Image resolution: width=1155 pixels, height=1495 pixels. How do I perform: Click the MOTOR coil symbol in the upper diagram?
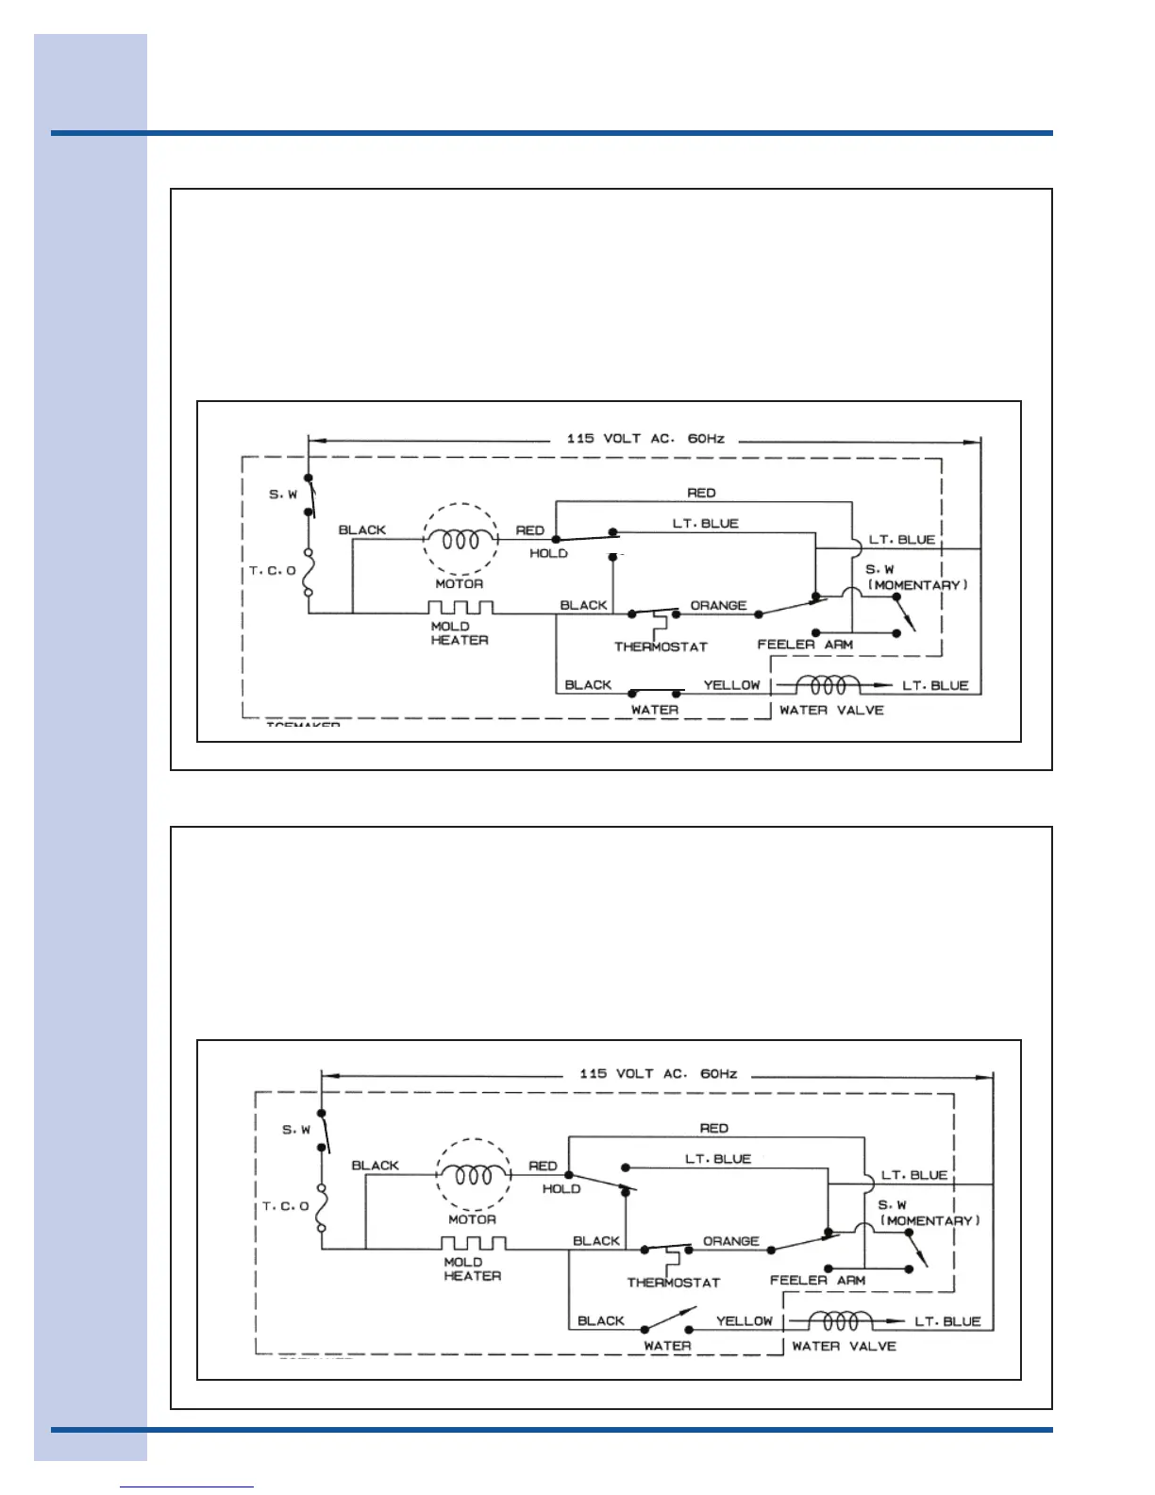click(460, 540)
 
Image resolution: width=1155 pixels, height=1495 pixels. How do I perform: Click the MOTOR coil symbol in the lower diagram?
click(473, 1175)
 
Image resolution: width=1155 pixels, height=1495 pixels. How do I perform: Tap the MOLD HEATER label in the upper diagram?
click(460, 633)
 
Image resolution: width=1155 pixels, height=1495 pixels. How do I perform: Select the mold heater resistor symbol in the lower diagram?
click(474, 1243)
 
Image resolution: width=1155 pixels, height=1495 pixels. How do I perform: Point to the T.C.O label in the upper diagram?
click(272, 571)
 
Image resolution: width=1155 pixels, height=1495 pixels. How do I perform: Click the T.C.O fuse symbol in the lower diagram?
click(322, 1207)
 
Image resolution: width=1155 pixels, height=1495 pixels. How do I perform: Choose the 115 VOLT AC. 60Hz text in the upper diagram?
click(645, 439)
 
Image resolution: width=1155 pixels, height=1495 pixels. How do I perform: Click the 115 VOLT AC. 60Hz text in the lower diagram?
click(659, 1074)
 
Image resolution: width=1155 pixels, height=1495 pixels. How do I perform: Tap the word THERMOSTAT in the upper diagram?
click(661, 647)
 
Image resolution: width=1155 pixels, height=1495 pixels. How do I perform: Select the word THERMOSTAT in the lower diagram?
click(674, 1284)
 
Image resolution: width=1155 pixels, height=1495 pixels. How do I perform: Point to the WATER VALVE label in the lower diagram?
click(844, 1347)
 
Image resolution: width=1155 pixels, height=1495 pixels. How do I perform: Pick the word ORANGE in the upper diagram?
click(718, 606)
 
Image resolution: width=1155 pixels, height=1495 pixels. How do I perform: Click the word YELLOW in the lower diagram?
click(745, 1321)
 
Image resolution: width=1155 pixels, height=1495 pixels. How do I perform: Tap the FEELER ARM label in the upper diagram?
click(805, 645)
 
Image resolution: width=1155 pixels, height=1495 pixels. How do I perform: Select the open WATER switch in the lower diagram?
click(668, 1320)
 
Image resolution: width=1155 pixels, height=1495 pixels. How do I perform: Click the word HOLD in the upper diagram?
click(548, 554)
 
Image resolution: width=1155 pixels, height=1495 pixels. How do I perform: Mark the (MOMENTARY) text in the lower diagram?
click(930, 1221)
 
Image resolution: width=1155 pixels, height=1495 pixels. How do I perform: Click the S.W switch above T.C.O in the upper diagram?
click(310, 496)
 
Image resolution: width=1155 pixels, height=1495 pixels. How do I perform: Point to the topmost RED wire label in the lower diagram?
click(714, 1129)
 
